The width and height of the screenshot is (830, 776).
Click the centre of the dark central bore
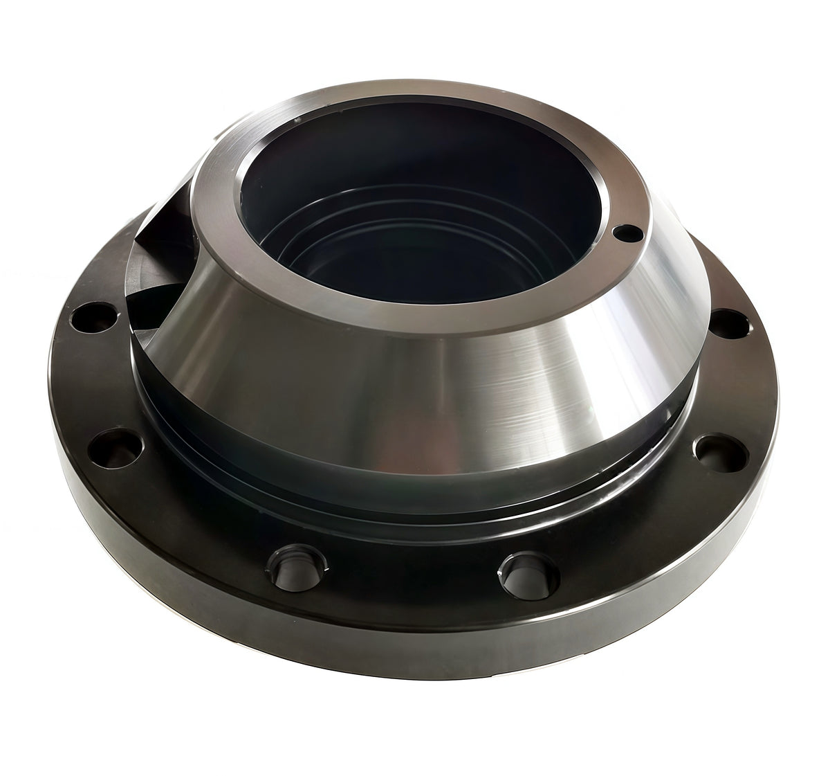[x=415, y=228]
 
